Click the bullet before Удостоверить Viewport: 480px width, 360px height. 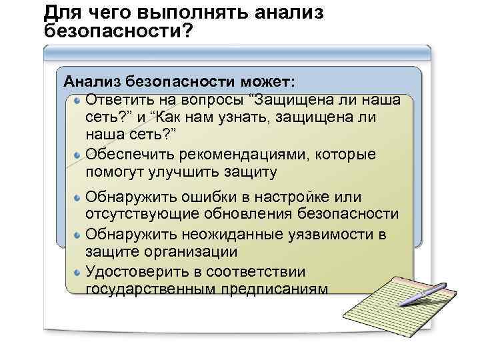click(x=78, y=272)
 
